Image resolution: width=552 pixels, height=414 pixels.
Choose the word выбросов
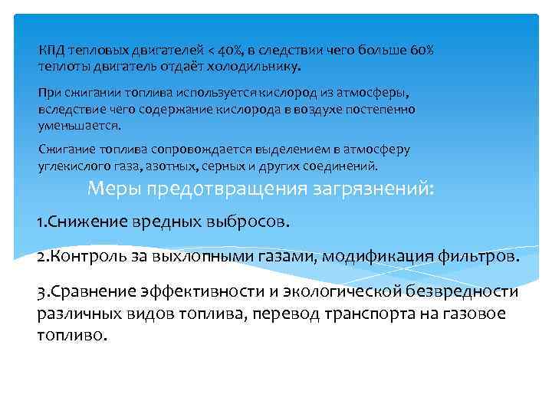(x=249, y=222)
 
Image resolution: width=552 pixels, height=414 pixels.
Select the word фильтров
(x=480, y=256)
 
